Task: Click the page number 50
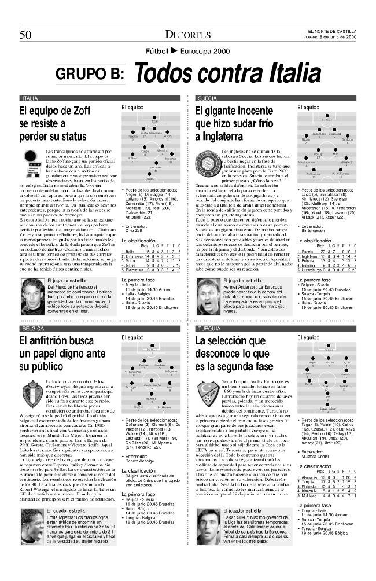pyautogui.click(x=25, y=34)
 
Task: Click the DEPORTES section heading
pyautogui.click(x=187, y=34)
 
